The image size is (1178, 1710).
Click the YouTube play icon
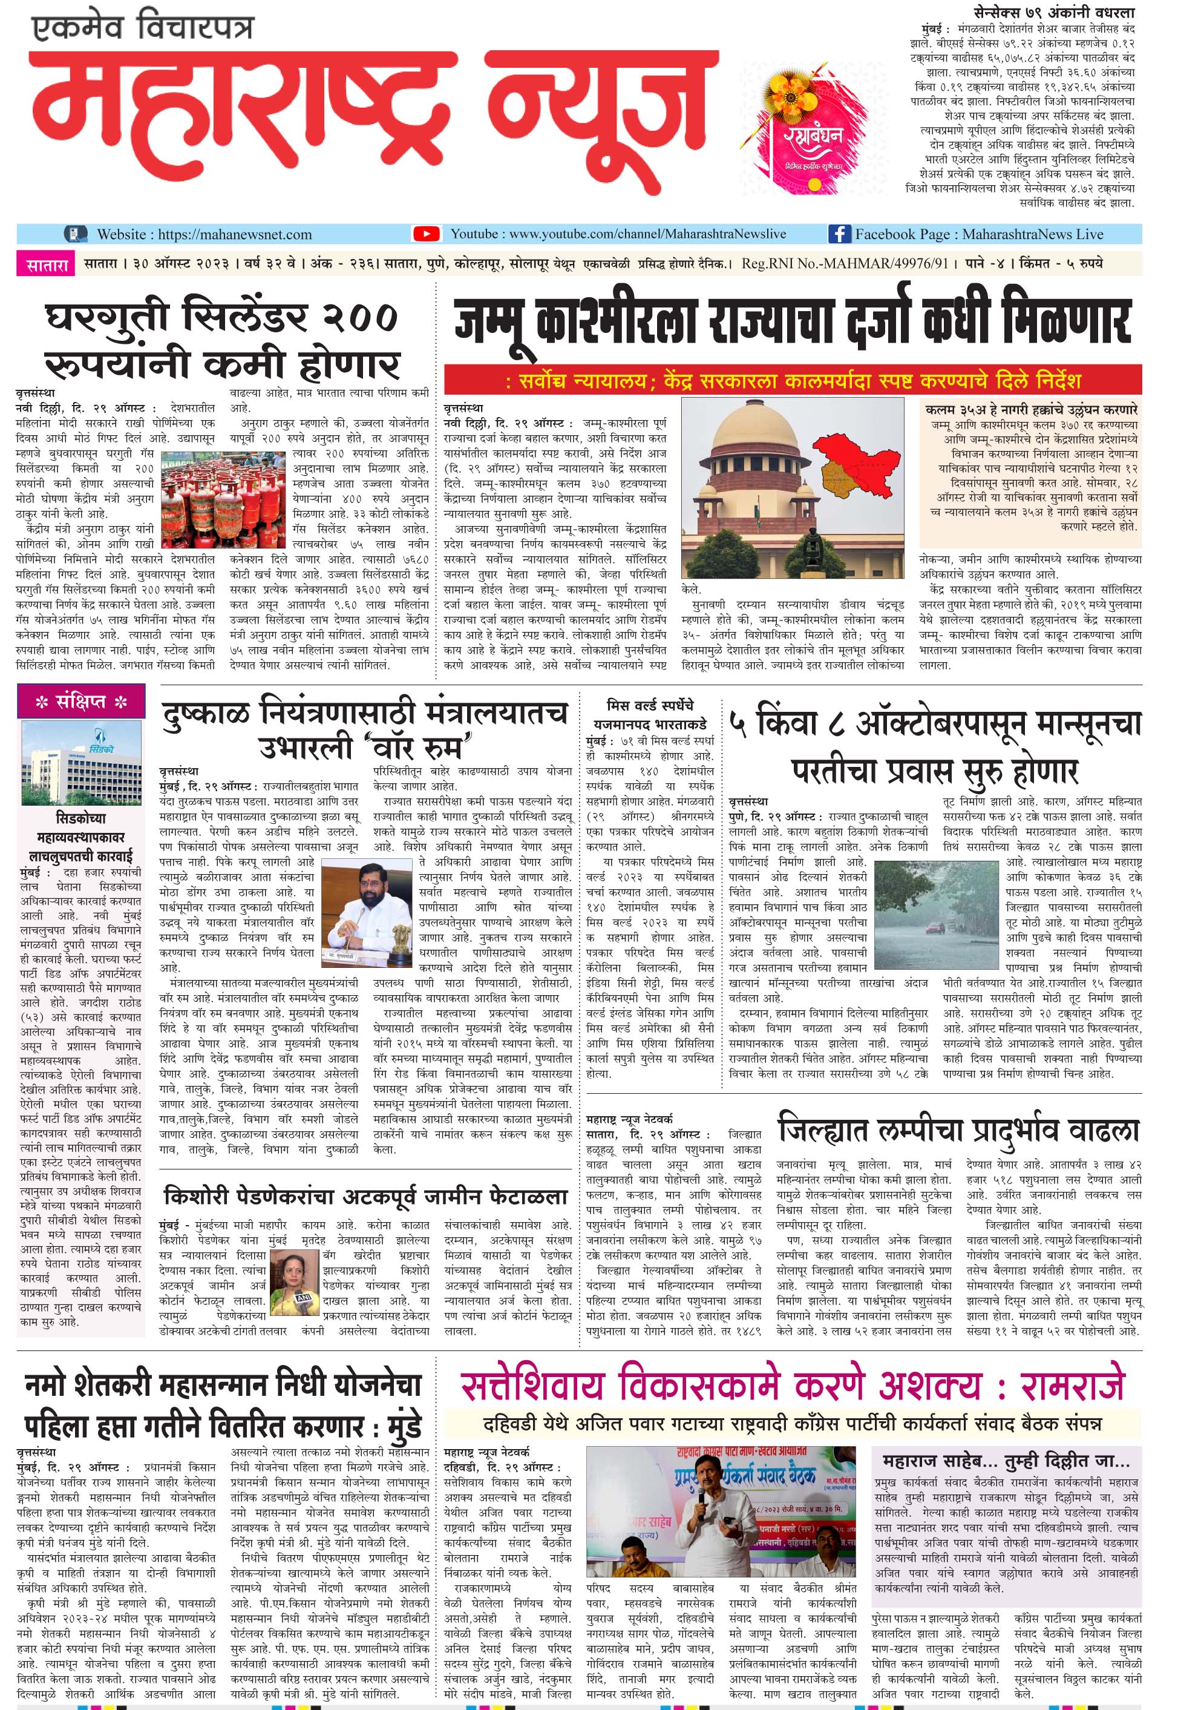pos(427,234)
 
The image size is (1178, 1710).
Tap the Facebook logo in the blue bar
pos(839,234)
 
